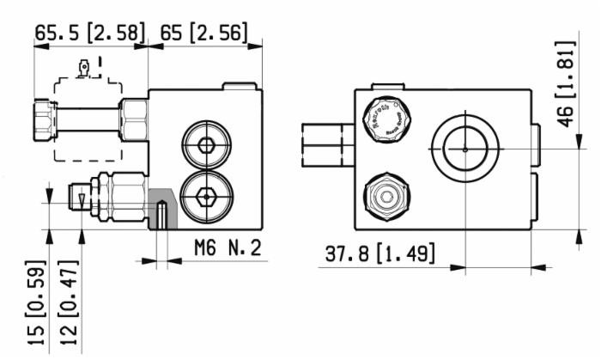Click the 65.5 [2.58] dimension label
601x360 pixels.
click(x=89, y=33)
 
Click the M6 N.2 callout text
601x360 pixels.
click(x=226, y=249)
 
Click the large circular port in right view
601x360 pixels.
click(x=464, y=149)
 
